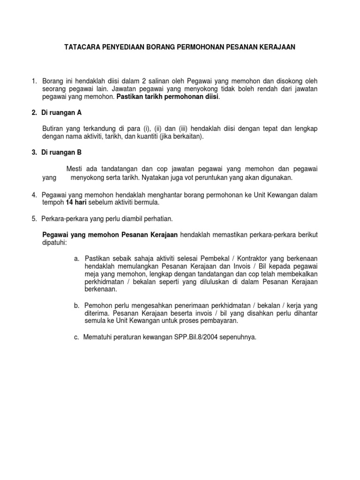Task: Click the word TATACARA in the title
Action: tap(81, 47)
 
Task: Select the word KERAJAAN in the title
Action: tap(278, 47)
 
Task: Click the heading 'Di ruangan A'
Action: tap(62, 112)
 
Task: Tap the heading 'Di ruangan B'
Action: tap(62, 152)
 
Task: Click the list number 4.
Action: tap(34, 195)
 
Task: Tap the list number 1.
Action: tap(34, 81)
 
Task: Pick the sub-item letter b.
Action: tap(76, 305)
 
